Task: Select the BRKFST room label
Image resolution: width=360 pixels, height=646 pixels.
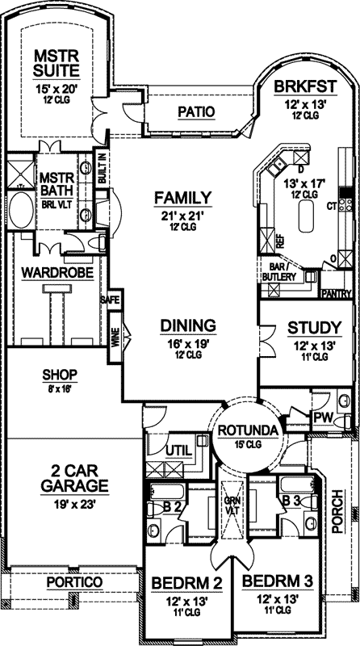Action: coord(300,88)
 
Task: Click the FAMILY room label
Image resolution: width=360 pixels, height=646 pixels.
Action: coord(182,197)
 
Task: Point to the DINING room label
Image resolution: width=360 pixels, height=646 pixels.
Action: coord(187,325)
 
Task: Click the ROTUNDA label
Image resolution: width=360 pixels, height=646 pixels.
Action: coord(253,429)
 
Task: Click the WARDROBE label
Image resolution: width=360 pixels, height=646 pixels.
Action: coord(53,271)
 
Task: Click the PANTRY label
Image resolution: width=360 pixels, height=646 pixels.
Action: coord(336,294)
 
